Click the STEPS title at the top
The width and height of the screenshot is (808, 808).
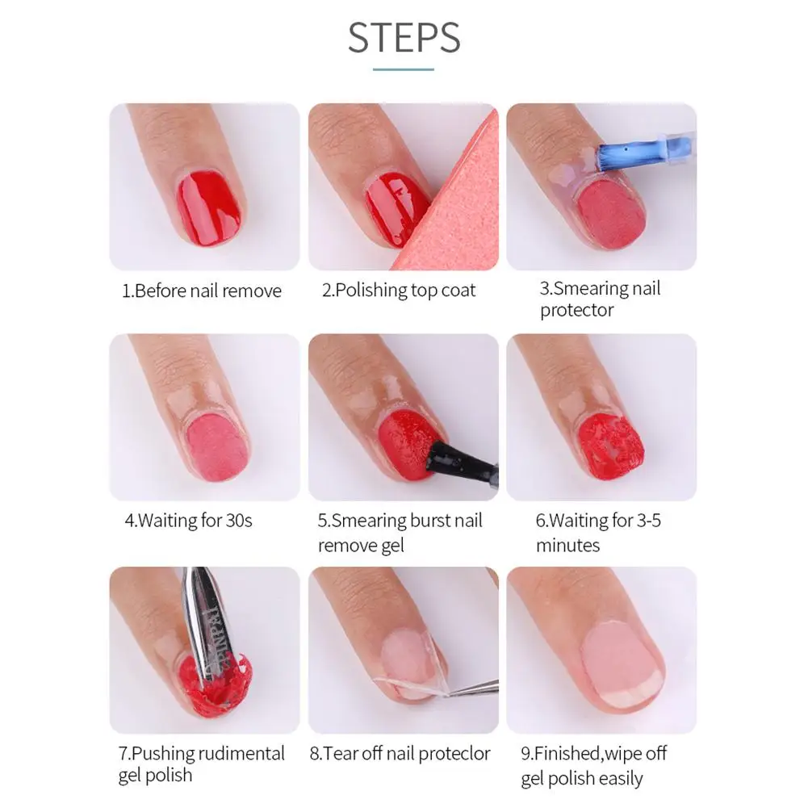(404, 37)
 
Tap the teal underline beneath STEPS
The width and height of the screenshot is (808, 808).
(404, 69)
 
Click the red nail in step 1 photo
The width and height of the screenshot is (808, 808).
(209, 208)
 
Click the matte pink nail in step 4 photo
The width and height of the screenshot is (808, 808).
(216, 447)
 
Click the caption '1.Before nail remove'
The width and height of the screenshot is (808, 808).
(202, 291)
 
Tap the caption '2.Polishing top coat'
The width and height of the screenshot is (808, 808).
(398, 290)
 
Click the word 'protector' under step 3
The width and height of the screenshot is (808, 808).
(576, 310)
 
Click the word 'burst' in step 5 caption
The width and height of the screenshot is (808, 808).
(421, 521)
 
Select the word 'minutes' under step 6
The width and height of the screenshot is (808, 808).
(568, 545)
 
